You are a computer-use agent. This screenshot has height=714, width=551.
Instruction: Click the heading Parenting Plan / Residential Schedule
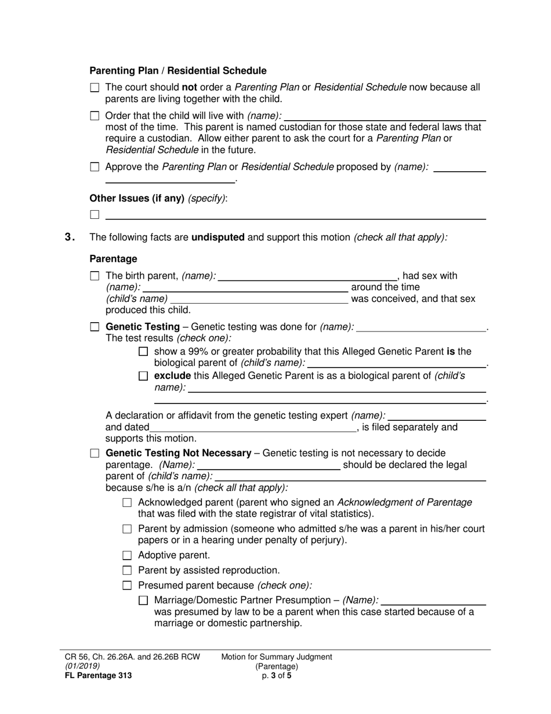(177, 71)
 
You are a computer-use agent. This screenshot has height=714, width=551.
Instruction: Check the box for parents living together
(95, 88)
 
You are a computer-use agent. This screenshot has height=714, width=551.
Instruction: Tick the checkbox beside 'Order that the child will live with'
(95, 116)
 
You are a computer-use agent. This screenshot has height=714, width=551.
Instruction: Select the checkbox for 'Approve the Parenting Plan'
(95, 167)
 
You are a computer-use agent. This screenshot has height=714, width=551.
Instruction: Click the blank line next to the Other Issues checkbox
(295, 215)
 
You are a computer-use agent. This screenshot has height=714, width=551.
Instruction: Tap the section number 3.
(70, 237)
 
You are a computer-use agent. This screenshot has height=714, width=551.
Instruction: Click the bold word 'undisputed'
(217, 237)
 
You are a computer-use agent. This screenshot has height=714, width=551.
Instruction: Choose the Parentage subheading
(113, 258)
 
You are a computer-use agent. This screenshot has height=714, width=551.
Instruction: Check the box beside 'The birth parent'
(95, 276)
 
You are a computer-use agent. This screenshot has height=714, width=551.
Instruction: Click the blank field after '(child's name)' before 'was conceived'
(259, 300)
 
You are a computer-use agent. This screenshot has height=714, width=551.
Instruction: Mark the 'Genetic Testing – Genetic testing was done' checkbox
(95, 327)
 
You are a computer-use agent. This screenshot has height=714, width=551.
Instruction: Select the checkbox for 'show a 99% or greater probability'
(144, 351)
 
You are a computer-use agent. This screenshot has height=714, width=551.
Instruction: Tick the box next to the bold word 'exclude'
(144, 376)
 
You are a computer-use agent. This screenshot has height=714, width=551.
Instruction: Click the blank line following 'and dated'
(253, 428)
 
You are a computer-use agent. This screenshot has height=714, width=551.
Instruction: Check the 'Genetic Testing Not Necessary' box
(95, 453)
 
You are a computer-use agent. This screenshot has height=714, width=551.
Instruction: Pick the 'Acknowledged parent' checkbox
(128, 502)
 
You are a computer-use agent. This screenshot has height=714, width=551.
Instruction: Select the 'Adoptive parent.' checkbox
(128, 556)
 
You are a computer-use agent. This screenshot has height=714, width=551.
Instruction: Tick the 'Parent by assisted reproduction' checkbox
(128, 571)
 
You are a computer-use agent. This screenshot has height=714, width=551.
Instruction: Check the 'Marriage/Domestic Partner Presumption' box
(144, 600)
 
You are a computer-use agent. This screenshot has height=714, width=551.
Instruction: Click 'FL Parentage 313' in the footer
(98, 675)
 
